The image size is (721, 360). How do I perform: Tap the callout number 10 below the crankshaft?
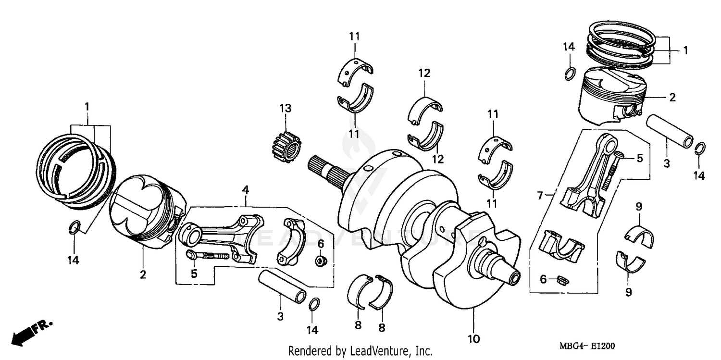tap(473, 339)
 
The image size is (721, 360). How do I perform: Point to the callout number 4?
tap(246, 190)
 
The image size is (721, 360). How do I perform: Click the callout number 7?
tap(540, 196)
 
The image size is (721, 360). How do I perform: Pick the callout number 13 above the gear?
tap(286, 109)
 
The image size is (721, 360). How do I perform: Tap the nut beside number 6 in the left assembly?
tap(319, 261)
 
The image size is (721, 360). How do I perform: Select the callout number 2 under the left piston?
tap(143, 275)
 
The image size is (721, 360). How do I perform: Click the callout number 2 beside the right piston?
tap(672, 98)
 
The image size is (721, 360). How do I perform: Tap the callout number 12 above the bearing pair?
tap(424, 74)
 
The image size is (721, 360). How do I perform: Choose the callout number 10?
tap(473, 339)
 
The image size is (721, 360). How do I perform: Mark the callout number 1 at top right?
tap(685, 50)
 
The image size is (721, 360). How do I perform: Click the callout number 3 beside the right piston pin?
tap(666, 163)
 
